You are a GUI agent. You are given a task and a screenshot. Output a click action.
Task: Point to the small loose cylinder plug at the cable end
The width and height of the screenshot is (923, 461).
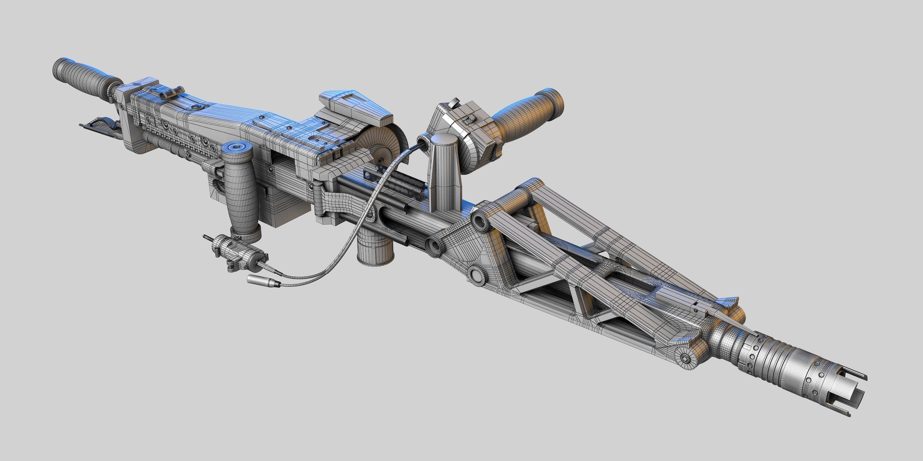[x=263, y=281]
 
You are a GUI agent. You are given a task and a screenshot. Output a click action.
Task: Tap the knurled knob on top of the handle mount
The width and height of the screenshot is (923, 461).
[x=454, y=102]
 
